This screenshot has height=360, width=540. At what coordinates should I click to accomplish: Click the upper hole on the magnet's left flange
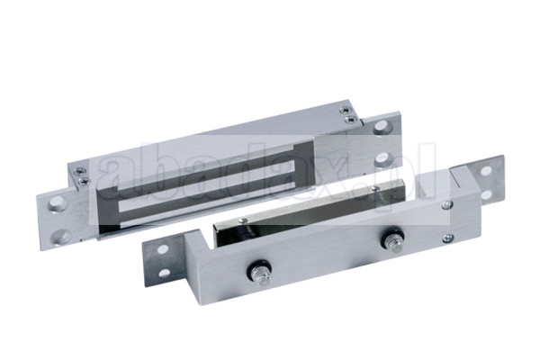[57, 203]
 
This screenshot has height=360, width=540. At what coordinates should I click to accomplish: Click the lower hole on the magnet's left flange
[60, 236]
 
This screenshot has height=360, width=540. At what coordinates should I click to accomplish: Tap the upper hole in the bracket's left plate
[163, 248]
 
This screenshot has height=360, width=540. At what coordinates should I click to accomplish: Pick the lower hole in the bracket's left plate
[165, 273]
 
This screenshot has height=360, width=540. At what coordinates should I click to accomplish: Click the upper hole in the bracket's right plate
[486, 171]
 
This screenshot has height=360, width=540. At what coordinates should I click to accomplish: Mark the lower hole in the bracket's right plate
[486, 195]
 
